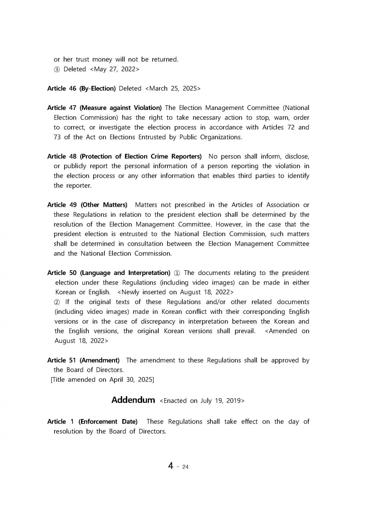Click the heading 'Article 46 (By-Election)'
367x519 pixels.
click(x=81, y=89)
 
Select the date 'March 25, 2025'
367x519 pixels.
click(x=173, y=89)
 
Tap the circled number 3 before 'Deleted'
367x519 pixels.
click(x=57, y=69)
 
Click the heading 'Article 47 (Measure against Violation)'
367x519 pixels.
click(x=104, y=108)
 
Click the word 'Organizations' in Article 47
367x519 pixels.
click(x=221, y=137)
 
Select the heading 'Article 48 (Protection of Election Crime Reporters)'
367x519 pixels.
click(x=124, y=157)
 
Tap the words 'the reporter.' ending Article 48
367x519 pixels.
click(x=72, y=186)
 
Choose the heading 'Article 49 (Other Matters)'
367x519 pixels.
click(x=87, y=205)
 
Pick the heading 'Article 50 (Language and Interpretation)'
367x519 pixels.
click(x=109, y=273)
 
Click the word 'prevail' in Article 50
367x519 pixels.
click(x=245, y=331)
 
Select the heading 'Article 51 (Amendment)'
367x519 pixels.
click(x=83, y=360)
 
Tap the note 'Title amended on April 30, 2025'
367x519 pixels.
click(x=102, y=380)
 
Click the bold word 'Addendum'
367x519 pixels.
click(x=133, y=400)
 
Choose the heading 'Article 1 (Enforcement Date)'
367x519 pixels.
click(x=92, y=422)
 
